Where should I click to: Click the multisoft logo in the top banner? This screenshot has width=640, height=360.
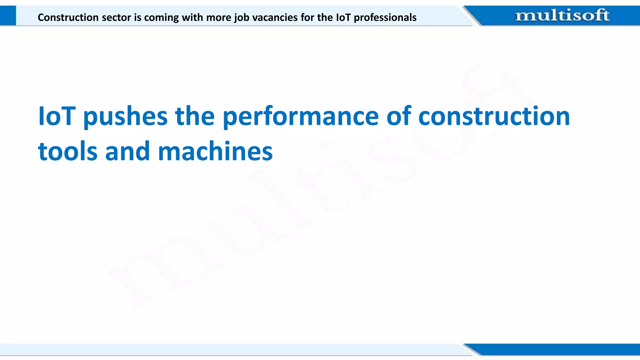tap(562, 16)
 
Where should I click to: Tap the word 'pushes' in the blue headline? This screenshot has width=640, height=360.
tap(125, 117)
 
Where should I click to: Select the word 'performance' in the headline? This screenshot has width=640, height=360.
tap(301, 117)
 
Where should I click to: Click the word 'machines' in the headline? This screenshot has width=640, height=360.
tap(215, 152)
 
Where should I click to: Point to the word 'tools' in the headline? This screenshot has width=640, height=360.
tap(67, 152)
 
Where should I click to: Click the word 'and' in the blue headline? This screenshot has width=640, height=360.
tap(127, 152)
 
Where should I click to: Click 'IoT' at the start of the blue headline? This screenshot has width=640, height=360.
tap(57, 116)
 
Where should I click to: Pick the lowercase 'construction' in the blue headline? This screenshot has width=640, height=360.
tap(494, 116)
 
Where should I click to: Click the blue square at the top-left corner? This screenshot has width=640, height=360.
tap(8, 16)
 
